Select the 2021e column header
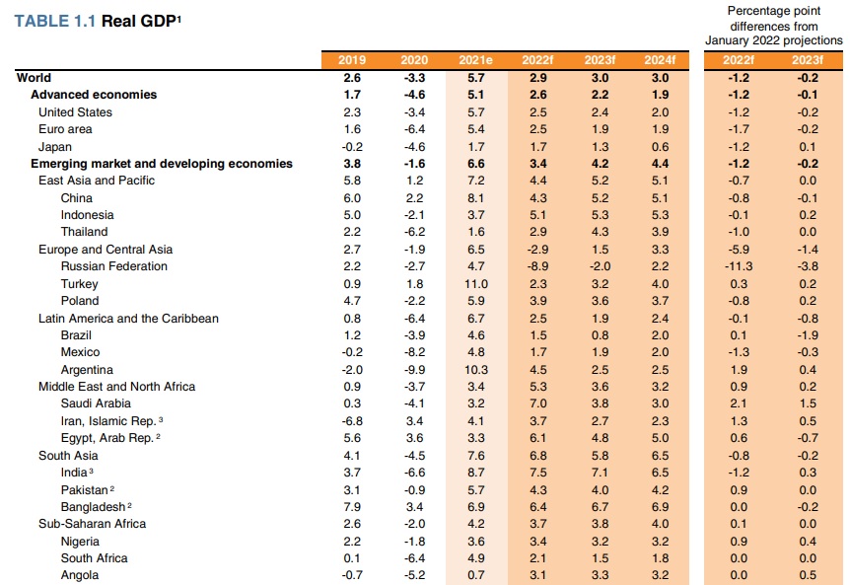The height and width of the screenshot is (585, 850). click(476, 60)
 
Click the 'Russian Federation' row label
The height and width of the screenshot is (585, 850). click(113, 266)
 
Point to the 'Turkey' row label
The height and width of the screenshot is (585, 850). click(80, 283)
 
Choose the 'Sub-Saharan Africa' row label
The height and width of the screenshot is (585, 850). click(94, 524)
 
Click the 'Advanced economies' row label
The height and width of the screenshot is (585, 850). click(94, 95)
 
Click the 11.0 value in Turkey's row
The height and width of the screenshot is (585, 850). click(476, 283)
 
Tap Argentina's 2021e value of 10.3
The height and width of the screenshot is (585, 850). click(476, 370)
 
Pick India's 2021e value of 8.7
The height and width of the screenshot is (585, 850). click(476, 473)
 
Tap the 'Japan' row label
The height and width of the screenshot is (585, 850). click(55, 146)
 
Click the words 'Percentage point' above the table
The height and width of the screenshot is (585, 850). click(774, 11)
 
